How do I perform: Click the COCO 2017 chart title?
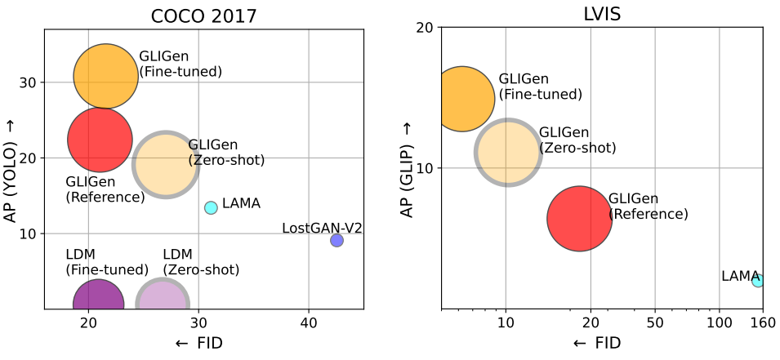203,16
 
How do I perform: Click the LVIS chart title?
602,14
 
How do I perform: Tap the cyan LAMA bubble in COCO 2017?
211,208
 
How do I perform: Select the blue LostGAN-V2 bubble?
337,240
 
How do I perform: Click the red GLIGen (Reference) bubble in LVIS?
580,219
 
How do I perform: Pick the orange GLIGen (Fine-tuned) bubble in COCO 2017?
105,76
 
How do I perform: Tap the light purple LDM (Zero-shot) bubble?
163,295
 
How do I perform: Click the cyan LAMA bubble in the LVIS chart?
758,281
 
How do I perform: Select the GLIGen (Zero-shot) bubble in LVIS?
507,153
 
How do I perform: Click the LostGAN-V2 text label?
322,229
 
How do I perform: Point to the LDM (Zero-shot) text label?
201,262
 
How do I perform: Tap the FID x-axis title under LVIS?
597,343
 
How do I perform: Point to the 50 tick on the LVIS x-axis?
655,322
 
